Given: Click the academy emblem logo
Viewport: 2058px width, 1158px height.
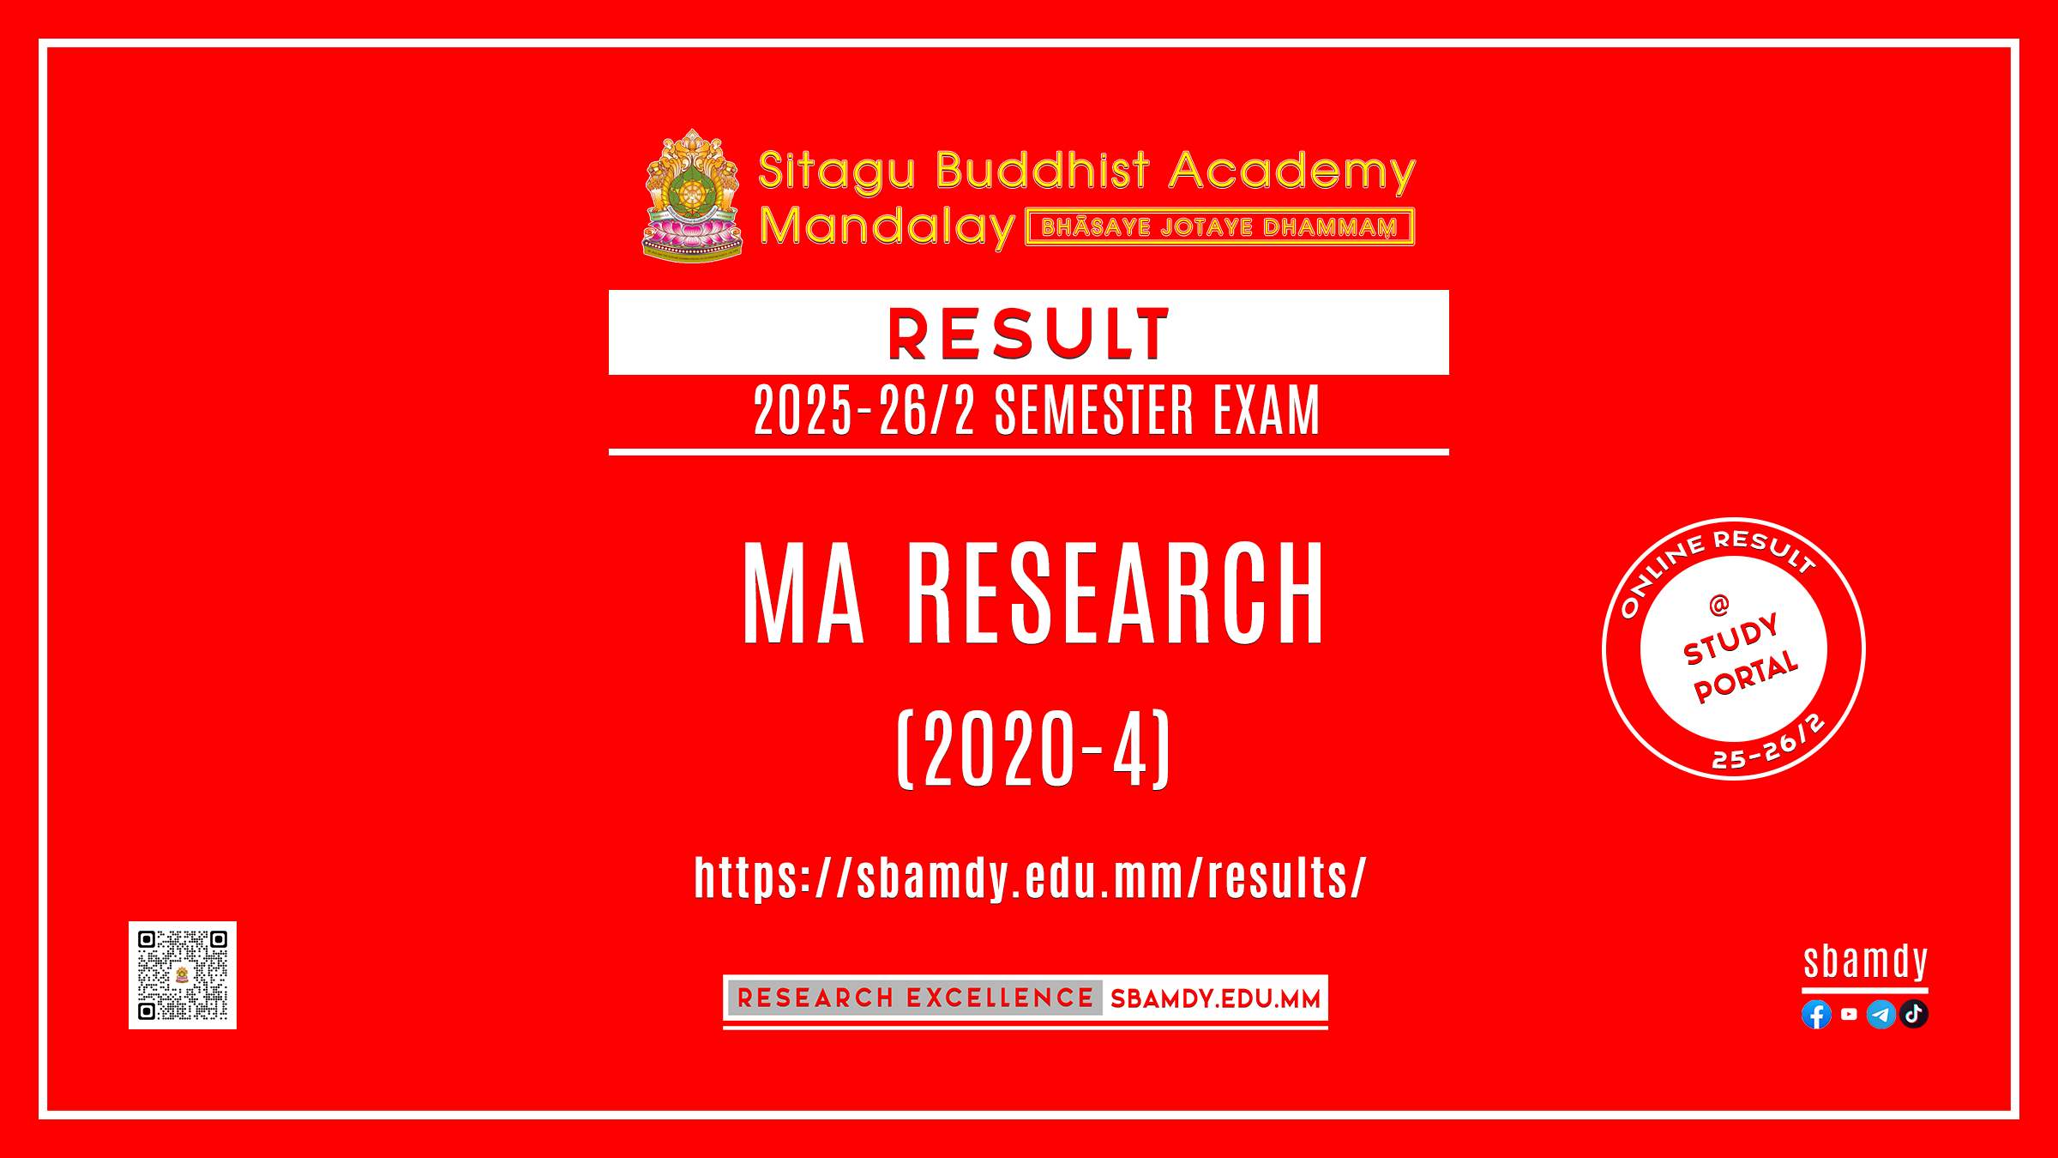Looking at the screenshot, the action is point(692,196).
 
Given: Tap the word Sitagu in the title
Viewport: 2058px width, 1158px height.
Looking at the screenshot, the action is point(837,170).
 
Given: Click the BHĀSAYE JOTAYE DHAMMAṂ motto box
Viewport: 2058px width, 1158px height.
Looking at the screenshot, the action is point(1219,227).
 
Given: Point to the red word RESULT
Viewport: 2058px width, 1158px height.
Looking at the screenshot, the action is point(1028,334).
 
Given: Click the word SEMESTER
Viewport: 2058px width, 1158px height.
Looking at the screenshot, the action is point(1093,410).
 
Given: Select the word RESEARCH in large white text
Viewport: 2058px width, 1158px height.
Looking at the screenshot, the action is point(1116,593).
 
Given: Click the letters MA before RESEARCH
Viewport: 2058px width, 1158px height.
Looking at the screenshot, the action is point(803,593).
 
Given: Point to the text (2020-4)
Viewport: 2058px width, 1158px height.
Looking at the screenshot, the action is point(1033,749).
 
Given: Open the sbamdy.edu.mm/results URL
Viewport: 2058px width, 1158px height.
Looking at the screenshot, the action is point(1030,878).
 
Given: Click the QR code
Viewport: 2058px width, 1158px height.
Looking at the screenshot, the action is point(183,975).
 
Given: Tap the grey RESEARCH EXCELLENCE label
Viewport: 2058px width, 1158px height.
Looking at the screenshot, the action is point(915,998).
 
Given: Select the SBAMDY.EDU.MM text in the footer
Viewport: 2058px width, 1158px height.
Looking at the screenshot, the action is point(1215,998).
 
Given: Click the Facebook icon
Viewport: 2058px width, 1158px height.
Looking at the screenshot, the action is point(1816,1015).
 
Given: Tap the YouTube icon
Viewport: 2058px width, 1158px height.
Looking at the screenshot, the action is point(1849,1014).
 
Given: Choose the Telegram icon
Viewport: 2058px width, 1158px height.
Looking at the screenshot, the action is point(1881,1015).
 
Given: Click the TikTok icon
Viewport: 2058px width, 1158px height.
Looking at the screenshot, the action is point(1914,1014).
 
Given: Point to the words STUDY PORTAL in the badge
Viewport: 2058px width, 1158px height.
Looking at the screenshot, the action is point(1740,659).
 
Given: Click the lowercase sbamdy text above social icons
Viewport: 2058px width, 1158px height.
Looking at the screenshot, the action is point(1866,962).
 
